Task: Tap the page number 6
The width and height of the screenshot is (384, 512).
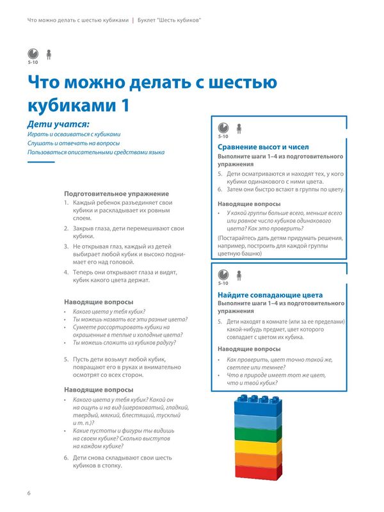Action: click(x=29, y=493)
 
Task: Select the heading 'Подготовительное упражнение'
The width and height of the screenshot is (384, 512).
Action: click(x=116, y=193)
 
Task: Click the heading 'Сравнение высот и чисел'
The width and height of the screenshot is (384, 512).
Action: click(x=264, y=147)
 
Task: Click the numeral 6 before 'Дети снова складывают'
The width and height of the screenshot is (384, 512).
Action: click(x=67, y=458)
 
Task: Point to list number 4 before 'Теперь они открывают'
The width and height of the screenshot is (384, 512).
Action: click(x=67, y=272)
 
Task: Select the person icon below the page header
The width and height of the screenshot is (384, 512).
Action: click(x=49, y=54)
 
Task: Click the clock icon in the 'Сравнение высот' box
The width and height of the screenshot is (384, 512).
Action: click(x=223, y=127)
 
